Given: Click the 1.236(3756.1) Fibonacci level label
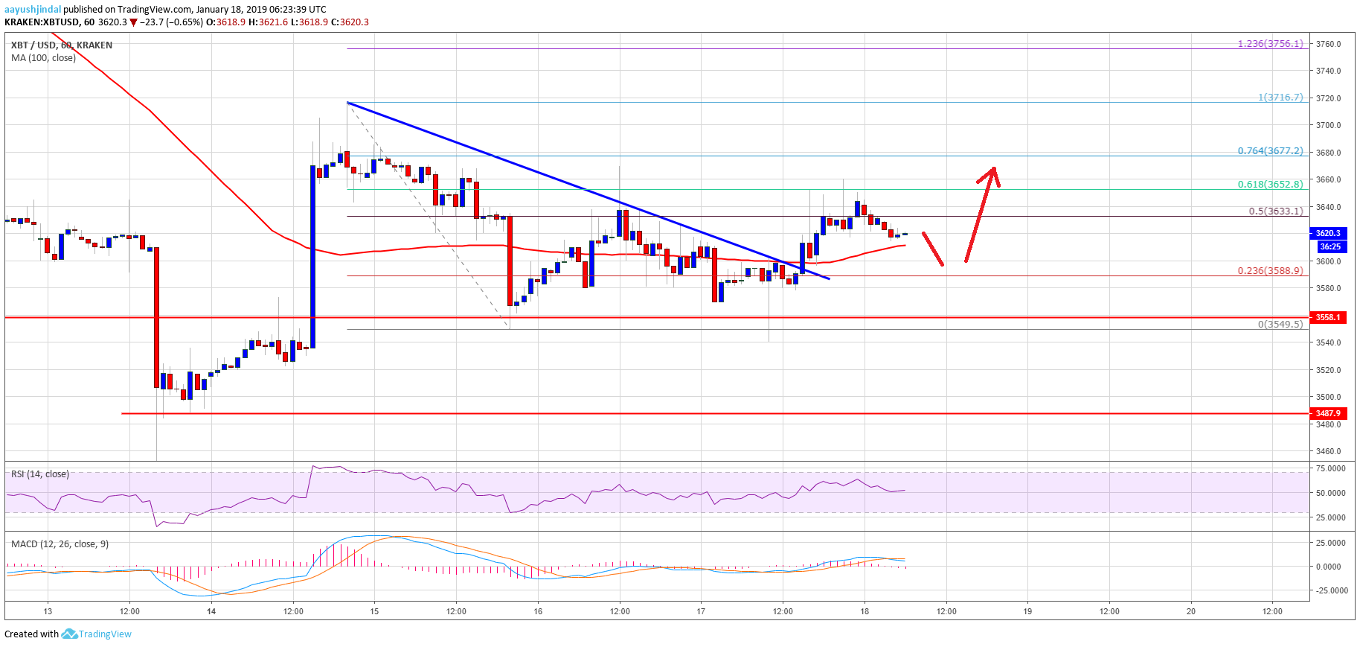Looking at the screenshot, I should pos(1270,44).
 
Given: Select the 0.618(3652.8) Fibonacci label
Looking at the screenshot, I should pos(1270,185).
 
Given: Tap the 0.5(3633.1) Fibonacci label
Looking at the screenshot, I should pos(1275,211).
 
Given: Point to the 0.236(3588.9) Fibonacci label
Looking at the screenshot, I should pos(1270,271).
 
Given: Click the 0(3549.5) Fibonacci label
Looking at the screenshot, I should pos(1280,325).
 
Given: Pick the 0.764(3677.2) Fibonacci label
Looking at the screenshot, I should pos(1270,151).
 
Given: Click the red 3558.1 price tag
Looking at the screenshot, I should pos(1328,318).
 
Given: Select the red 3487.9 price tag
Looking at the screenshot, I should pos(1328,413).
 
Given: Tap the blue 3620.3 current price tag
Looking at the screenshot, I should pos(1328,233).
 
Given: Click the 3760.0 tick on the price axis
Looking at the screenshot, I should pos(1328,44).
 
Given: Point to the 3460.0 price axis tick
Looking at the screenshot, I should pos(1328,451).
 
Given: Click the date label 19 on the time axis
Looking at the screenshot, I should pos(1027,611).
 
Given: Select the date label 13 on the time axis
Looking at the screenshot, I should pos(48,611).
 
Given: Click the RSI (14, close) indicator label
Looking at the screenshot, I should pos(40,474).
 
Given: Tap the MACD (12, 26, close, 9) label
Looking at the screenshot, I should pos(60,544).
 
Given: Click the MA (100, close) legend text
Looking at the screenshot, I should pos(43,58).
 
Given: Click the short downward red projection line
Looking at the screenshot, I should pos(933,249).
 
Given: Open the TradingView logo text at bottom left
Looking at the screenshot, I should pos(105,634).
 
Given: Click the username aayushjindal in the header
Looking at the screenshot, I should pos(33,10).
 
